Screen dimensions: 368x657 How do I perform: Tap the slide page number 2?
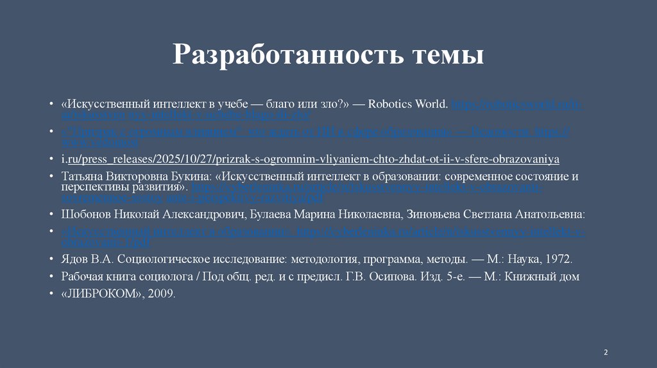pos(606,353)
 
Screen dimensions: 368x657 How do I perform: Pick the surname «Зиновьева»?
pos(448,214)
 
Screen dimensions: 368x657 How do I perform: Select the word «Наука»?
pos(525,259)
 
